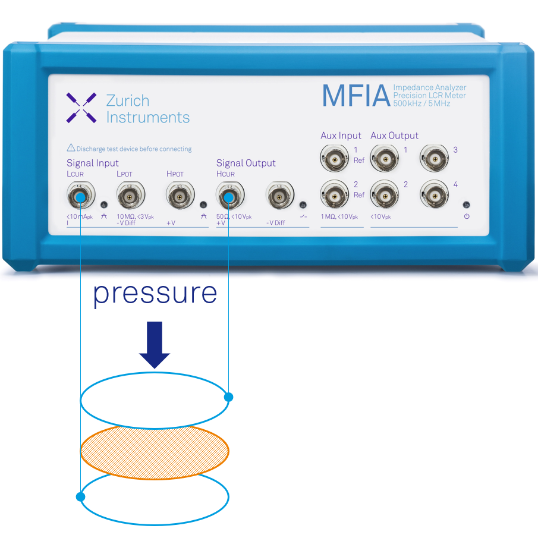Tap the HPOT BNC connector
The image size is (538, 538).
tap(178, 195)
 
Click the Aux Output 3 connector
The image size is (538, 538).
tap(434, 159)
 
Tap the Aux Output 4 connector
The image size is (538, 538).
tap(434, 194)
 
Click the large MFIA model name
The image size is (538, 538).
tap(355, 96)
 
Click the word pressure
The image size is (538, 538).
tap(155, 293)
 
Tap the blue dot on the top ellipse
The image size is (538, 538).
tap(228, 397)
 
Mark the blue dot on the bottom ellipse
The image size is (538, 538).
tap(80, 496)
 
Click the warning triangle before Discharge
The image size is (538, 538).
tap(71, 148)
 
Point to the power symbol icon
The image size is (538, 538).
tap(467, 216)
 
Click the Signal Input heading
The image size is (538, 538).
tap(93, 163)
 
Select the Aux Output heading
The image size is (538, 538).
tap(394, 136)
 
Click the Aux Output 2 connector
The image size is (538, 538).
tap(384, 194)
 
